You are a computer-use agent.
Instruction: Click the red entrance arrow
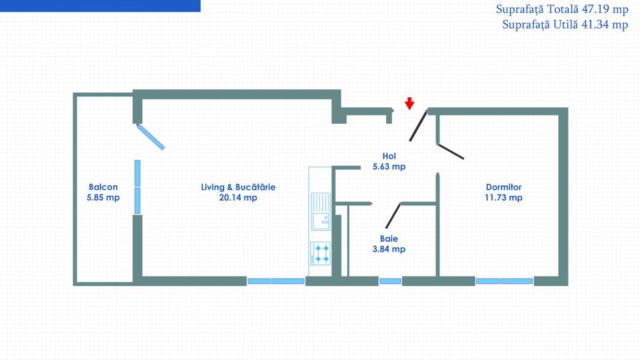click(x=409, y=104)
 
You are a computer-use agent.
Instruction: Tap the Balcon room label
click(x=103, y=187)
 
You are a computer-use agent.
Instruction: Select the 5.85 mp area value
click(x=103, y=198)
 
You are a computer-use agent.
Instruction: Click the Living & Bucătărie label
click(x=238, y=187)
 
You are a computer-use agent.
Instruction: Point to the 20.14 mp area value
click(x=238, y=198)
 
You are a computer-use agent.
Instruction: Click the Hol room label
click(x=390, y=156)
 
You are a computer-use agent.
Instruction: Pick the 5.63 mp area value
click(x=390, y=167)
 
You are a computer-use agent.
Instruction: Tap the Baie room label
click(x=389, y=238)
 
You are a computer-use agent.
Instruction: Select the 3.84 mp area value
click(x=389, y=249)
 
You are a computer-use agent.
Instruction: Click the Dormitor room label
click(x=504, y=187)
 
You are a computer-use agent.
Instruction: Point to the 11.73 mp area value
click(x=504, y=198)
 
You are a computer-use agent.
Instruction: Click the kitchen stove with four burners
click(x=320, y=253)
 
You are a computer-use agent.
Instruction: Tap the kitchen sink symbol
click(x=320, y=212)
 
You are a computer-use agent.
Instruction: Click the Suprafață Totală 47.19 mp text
click(x=562, y=9)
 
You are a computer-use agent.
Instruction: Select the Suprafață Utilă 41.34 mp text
click(x=565, y=25)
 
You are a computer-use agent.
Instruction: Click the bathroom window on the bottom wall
click(x=390, y=281)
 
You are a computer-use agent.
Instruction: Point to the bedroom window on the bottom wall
click(x=504, y=281)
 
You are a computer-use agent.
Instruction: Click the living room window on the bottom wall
click(x=276, y=281)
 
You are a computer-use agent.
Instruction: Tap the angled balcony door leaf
click(x=150, y=137)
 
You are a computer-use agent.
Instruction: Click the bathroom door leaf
click(x=393, y=216)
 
